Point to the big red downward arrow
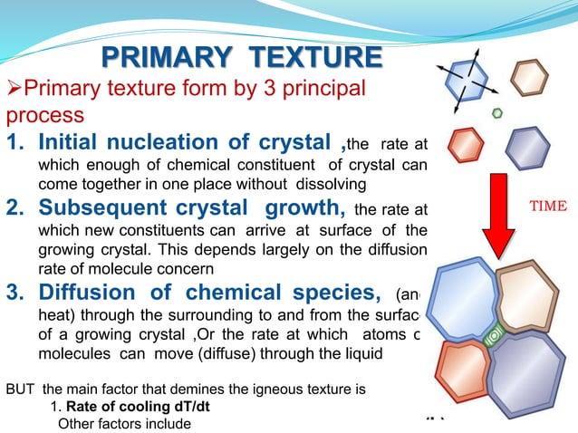click(x=498, y=214)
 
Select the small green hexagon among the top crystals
click(x=496, y=113)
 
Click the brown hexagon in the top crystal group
click(x=529, y=79)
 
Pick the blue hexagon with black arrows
click(x=466, y=79)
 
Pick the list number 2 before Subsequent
click(x=14, y=209)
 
